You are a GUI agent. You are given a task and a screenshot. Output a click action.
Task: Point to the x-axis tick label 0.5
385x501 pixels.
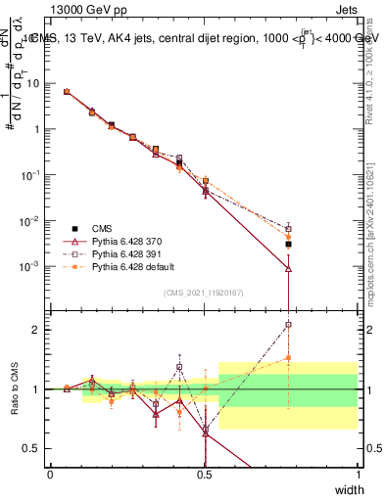pyautogui.click(x=204, y=475)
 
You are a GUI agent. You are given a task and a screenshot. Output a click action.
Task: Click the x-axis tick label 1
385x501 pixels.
pyautogui.click(x=358, y=475)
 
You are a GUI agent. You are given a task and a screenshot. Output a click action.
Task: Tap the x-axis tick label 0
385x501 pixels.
pyautogui.click(x=51, y=475)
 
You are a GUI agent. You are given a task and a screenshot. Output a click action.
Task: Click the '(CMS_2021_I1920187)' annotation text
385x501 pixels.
pyautogui.click(x=204, y=292)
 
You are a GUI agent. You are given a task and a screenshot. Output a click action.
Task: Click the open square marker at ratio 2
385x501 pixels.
pyautogui.click(x=288, y=325)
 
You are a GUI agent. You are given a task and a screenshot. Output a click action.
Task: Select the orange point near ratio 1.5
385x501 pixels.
pyautogui.click(x=288, y=358)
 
